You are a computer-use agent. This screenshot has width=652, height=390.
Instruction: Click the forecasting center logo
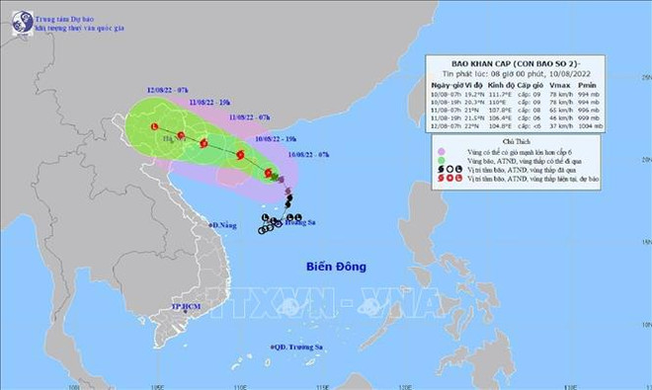[16, 23]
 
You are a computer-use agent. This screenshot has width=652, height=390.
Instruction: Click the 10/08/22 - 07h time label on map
[309, 154]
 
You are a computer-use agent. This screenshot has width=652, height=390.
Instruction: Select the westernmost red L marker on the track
[155, 127]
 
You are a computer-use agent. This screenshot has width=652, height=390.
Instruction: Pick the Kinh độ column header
[521, 87]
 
